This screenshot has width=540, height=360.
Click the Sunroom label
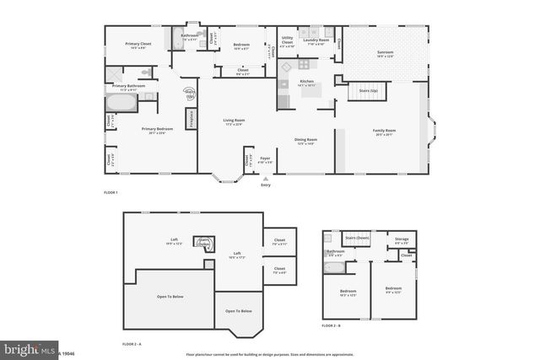coord(385,52)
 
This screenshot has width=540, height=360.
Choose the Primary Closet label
coord(138,43)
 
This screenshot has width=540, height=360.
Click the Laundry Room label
coord(317,39)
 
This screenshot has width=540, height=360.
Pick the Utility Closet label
coord(287,40)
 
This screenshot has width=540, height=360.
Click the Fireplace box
coord(192,119)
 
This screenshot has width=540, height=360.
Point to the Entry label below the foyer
coord(267,185)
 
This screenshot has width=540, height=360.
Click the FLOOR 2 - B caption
coord(332,325)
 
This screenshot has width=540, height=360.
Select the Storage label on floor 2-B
coord(402,239)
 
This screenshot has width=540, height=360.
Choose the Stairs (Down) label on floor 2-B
coord(358,238)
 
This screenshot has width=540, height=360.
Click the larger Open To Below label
coord(170,297)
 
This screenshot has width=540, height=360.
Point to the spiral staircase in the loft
coord(202,243)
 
